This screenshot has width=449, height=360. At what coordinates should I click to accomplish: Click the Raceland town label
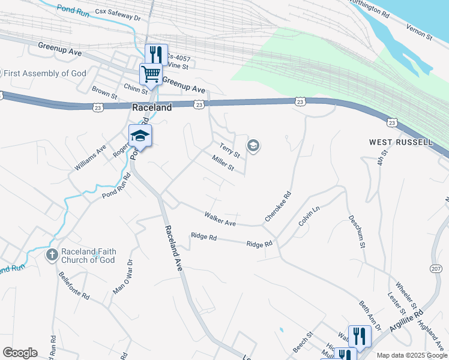pyautogui.click(x=151, y=107)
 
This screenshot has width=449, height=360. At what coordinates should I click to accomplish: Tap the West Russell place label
pyautogui.click(x=400, y=142)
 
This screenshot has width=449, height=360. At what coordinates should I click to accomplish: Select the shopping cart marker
pyautogui.click(x=151, y=74)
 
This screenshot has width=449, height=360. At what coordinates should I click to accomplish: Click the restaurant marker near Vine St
pyautogui.click(x=156, y=54)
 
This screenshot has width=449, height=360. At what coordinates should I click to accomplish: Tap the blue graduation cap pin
pyautogui.click(x=140, y=135)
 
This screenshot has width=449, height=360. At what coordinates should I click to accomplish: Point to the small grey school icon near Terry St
pyautogui.click(x=253, y=146)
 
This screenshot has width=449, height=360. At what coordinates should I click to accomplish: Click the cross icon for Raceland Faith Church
pyautogui.click(x=52, y=256)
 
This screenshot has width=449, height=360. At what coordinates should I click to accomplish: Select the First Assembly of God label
pyautogui.click(x=45, y=73)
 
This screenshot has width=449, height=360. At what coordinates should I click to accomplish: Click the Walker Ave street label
pyautogui.click(x=220, y=218)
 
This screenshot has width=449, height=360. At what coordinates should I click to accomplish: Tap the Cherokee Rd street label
pyautogui.click(x=279, y=207)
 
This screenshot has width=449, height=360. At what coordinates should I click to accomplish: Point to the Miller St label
pyautogui.click(x=223, y=163)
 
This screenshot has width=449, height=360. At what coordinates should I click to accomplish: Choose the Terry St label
pyautogui.click(x=229, y=150)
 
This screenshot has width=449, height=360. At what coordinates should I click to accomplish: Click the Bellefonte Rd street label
pyautogui.click(x=74, y=286)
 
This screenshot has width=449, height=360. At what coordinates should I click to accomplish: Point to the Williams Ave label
pyautogui.click(x=90, y=157)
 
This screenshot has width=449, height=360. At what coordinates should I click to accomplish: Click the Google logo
pyautogui.click(x=20, y=353)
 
